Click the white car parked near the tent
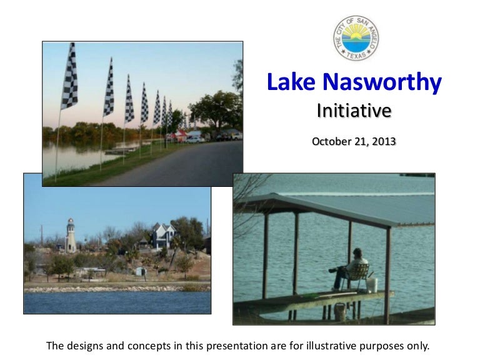pos(196,137)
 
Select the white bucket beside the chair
pos(372,285)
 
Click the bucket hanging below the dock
pos(341,311)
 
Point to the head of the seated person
pos(357,252)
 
